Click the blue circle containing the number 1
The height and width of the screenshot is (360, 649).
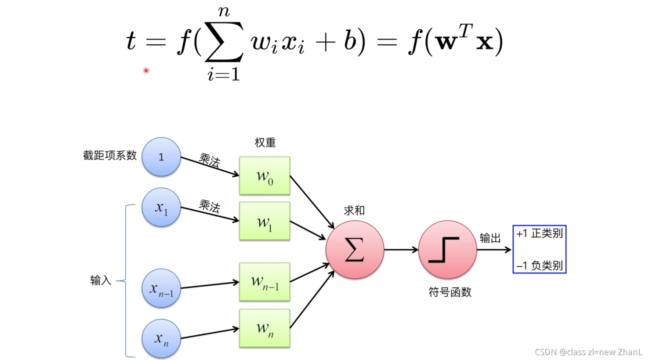tap(161, 157)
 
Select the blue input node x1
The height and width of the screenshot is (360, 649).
tap(161, 207)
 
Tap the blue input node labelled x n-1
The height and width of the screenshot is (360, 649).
tap(161, 288)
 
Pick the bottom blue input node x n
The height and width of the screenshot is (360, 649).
tap(161, 338)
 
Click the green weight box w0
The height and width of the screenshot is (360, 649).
tap(265, 176)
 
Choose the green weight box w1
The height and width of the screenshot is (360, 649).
tap(265, 221)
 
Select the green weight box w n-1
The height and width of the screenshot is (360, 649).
tap(265, 282)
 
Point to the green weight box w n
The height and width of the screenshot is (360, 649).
tap(265, 328)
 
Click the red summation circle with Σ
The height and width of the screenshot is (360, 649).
tap(355, 250)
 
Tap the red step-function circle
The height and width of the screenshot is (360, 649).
tap(447, 250)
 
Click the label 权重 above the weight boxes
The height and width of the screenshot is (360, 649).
tap(265, 142)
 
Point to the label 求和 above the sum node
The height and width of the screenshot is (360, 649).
tap(354, 211)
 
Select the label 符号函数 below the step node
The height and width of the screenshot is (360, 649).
tap(450, 292)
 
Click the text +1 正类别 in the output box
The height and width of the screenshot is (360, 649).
tap(540, 233)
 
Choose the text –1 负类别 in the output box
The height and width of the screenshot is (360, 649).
tap(540, 265)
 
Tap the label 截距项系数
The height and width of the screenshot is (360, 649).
tap(110, 155)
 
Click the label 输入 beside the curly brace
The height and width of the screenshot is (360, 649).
tap(101, 280)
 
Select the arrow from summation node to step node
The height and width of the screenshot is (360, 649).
tap(401, 250)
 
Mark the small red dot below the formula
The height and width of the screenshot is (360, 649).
tap(146, 70)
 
